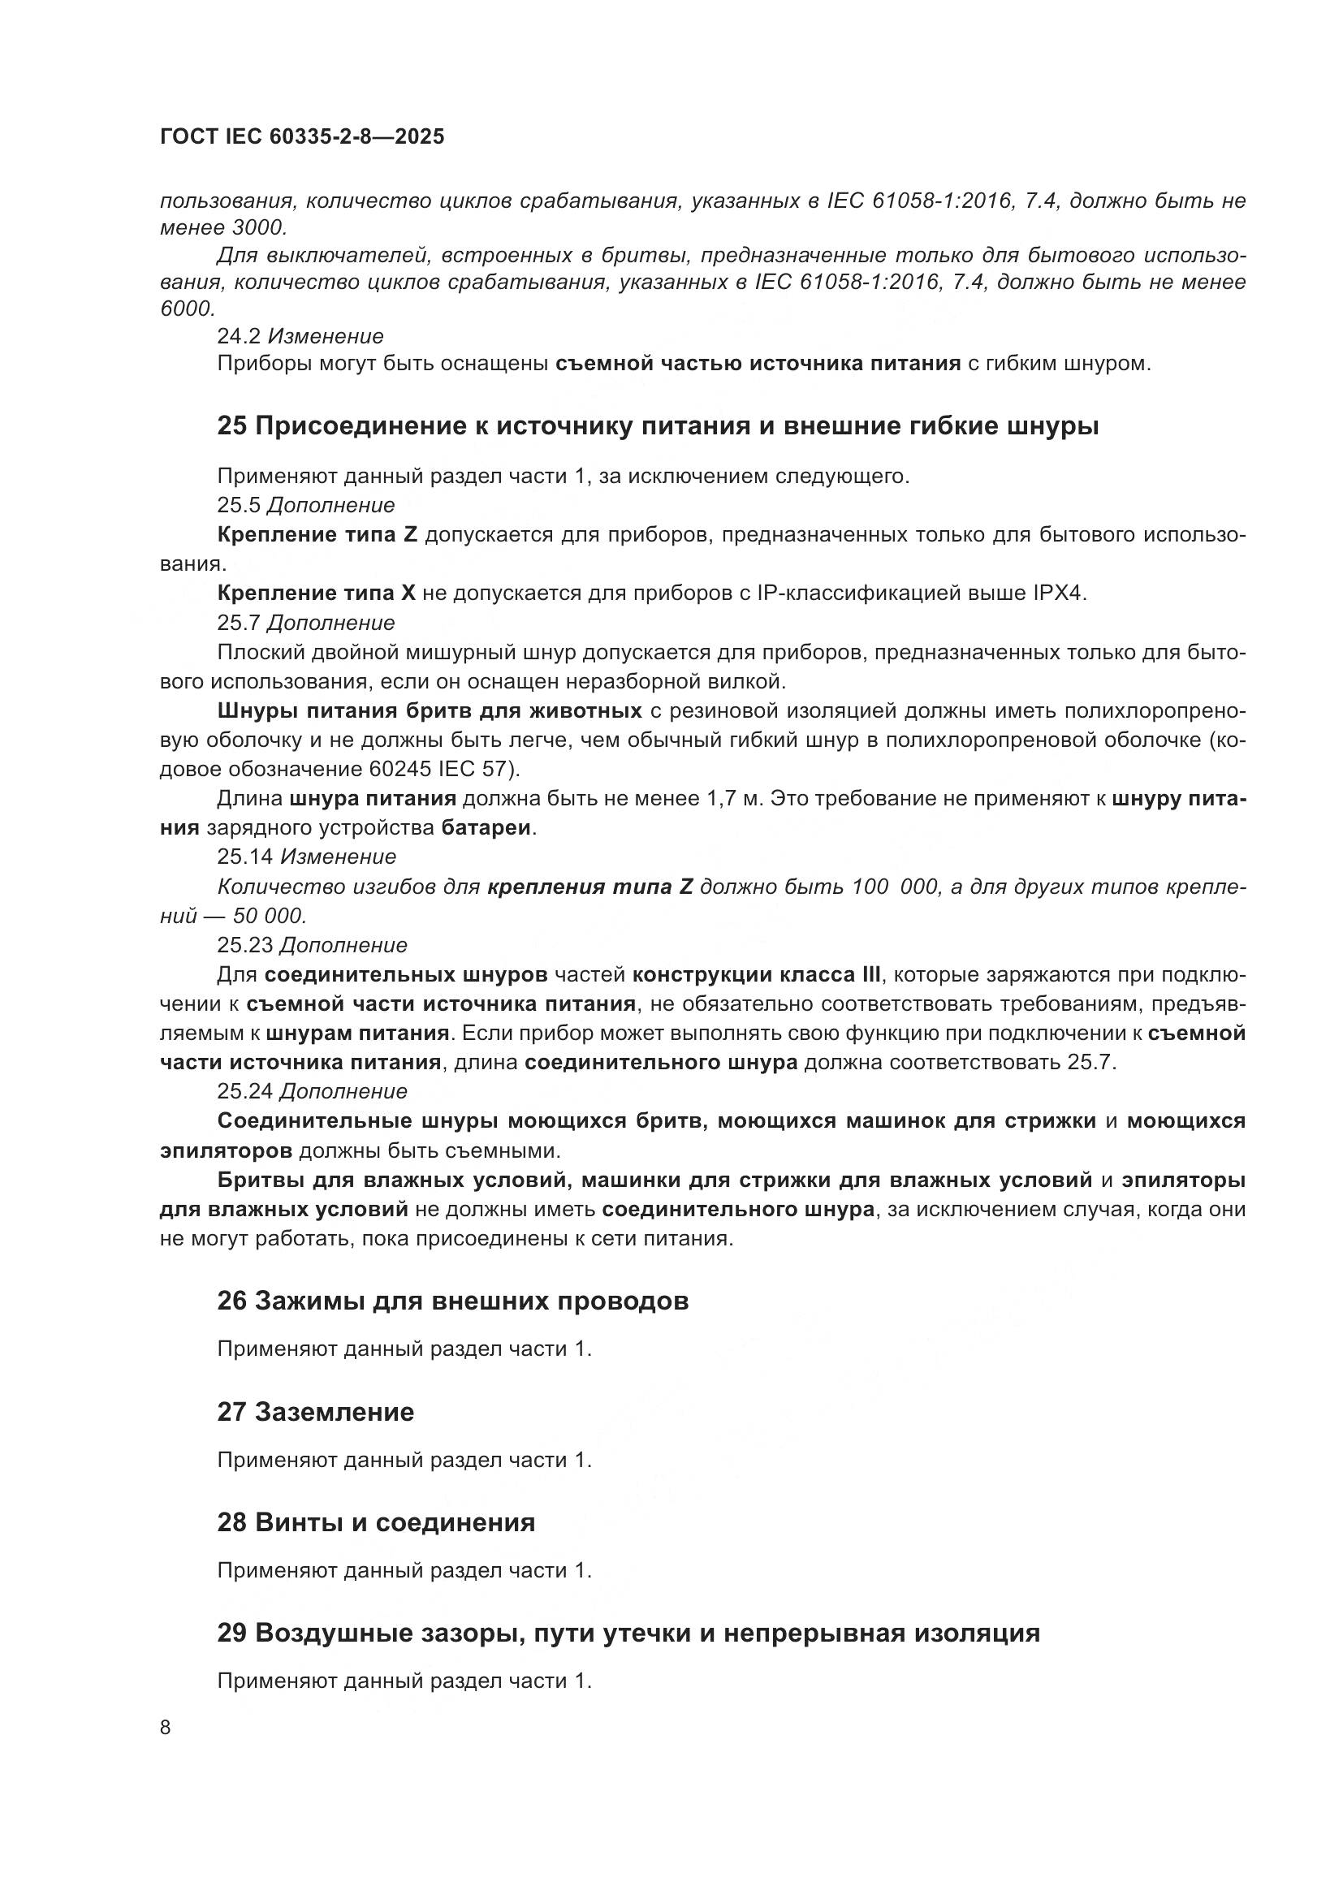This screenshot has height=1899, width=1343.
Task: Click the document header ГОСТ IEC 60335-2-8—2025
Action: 302,137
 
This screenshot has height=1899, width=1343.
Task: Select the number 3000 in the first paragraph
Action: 257,227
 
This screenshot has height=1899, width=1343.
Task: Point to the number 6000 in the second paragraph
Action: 187,309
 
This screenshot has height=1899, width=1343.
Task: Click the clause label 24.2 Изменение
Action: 300,337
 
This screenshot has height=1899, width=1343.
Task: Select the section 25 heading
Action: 658,427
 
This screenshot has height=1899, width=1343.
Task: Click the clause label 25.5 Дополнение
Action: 306,504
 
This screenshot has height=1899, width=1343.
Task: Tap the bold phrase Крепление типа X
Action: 316,593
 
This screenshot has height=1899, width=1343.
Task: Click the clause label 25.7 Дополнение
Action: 306,622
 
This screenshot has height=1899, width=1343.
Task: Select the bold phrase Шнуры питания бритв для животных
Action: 430,710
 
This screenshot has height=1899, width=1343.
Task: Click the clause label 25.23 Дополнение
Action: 312,944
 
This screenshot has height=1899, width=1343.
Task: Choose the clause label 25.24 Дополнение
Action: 312,1091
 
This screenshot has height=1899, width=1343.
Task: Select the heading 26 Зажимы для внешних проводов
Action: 452,1301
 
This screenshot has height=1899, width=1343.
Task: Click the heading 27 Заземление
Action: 315,1412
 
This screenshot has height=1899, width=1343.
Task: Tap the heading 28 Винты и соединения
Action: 375,1522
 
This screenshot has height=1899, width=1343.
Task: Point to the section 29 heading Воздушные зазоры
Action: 628,1634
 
